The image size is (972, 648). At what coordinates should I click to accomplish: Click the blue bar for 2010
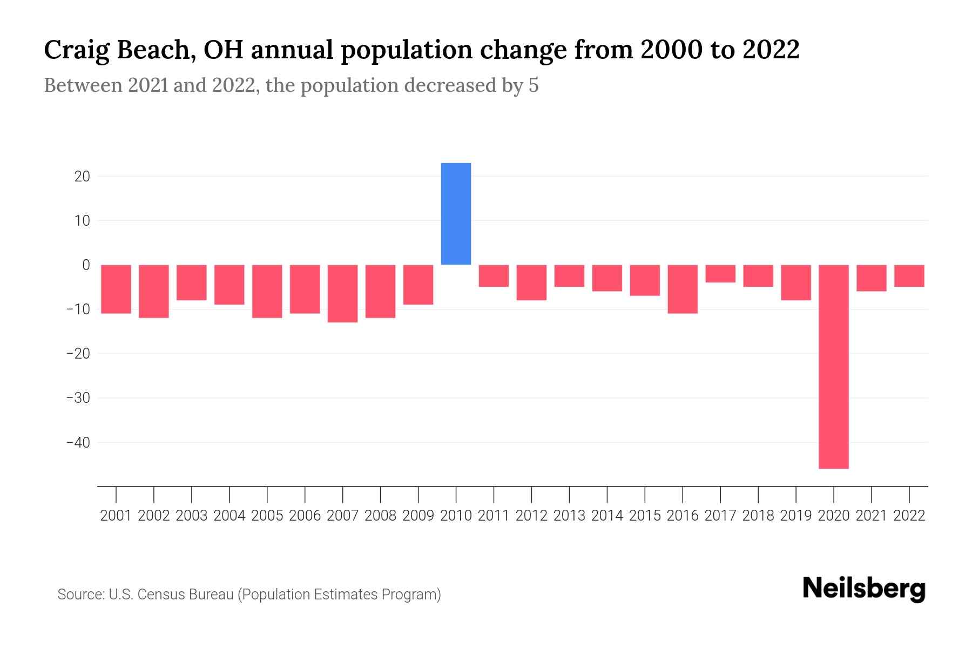tap(456, 214)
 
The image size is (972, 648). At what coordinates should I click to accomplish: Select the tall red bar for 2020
tap(833, 366)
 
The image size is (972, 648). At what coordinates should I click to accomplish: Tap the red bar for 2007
tap(342, 293)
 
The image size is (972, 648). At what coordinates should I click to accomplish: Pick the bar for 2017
tap(720, 274)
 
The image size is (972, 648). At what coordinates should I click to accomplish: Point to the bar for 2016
tap(683, 289)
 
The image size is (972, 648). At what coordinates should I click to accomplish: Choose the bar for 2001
tap(116, 289)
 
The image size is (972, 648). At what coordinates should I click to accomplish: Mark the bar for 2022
tap(909, 276)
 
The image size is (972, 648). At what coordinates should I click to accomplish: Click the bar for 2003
tap(192, 282)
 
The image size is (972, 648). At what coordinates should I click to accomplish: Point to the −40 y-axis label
tap(78, 443)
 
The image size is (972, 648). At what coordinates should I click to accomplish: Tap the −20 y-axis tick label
tap(78, 354)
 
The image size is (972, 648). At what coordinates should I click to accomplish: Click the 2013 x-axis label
tap(569, 516)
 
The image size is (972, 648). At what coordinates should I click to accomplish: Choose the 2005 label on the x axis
tap(267, 516)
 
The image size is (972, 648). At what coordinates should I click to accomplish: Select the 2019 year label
tap(795, 516)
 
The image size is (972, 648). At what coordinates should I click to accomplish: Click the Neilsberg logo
tap(864, 589)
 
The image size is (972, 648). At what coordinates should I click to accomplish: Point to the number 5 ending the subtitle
tap(534, 86)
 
